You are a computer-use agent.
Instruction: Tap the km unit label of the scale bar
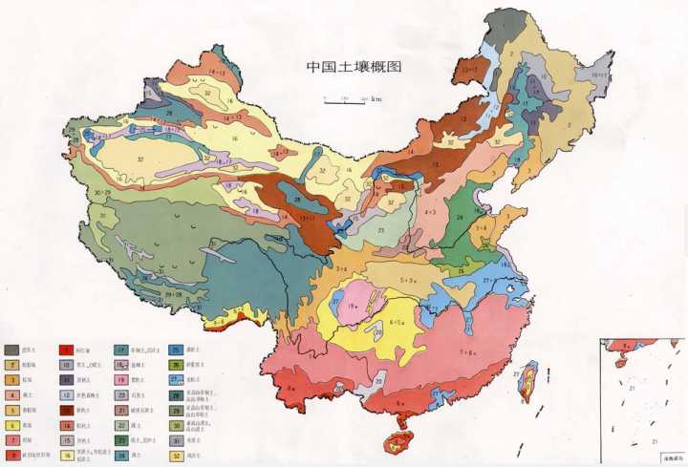(x=376, y=97)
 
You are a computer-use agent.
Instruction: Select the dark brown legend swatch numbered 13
(x=68, y=410)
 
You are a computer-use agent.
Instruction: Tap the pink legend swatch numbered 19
(x=122, y=379)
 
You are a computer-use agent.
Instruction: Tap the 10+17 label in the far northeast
(x=601, y=74)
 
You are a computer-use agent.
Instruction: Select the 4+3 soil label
(x=430, y=211)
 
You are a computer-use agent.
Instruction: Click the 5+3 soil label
(x=406, y=280)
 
